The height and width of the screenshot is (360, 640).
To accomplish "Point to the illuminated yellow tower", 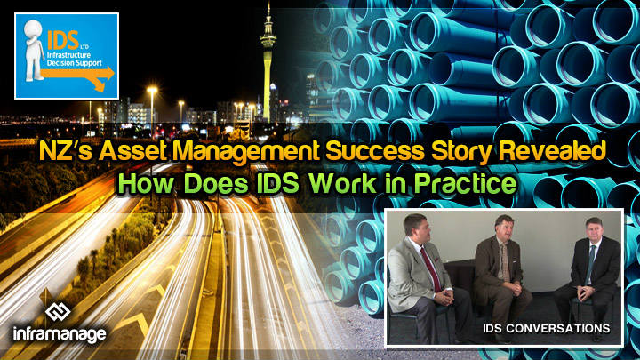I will [265, 62].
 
